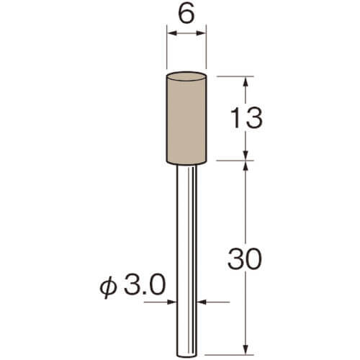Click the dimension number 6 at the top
(186, 14)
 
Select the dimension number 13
(246, 118)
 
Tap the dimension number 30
(245, 259)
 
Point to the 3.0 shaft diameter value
(145, 285)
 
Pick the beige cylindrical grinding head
(186, 118)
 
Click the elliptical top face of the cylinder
(186, 76)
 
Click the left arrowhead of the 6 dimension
(172, 33)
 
